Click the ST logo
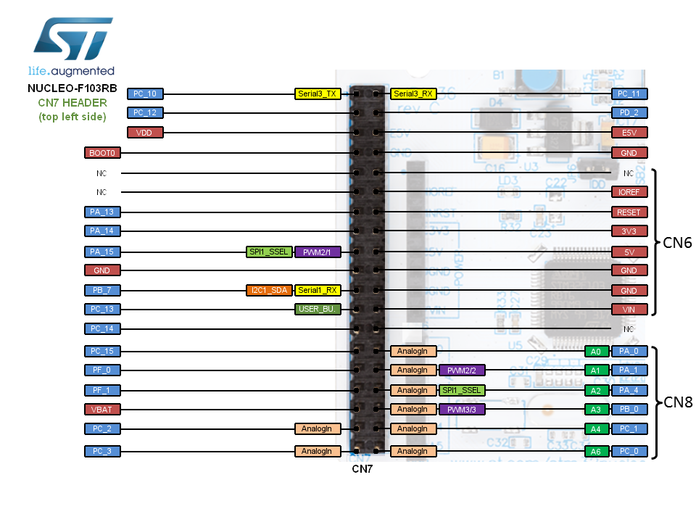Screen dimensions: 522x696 72,40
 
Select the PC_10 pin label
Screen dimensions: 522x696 146,94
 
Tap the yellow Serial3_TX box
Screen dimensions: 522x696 318,94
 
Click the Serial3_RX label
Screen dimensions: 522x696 413,94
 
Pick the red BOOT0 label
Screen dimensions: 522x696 103,153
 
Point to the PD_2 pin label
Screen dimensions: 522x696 629,113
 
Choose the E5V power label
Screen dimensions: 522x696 629,133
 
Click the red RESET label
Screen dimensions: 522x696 629,212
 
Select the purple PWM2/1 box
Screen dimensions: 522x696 318,252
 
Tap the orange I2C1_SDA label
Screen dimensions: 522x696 269,290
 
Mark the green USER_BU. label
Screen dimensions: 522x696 318,309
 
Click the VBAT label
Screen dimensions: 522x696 103,410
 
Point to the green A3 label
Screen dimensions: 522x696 596,410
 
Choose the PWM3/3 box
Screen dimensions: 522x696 461,410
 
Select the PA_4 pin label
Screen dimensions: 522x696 629,390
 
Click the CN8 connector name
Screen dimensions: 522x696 678,402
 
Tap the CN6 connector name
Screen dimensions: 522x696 678,243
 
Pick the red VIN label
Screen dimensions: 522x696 629,309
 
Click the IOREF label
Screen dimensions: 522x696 629,193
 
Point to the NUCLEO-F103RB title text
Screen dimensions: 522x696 72,88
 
